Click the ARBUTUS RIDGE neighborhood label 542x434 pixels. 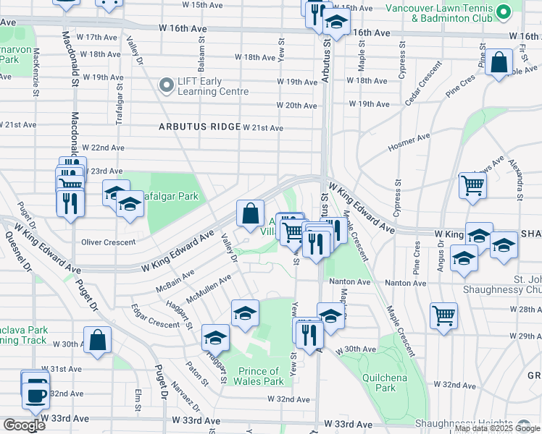click(200, 127)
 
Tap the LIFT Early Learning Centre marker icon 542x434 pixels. click(167, 85)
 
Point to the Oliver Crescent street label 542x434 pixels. click(109, 242)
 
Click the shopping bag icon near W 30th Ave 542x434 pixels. click(97, 339)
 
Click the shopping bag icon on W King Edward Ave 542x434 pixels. click(250, 213)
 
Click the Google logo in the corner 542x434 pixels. click(23, 425)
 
